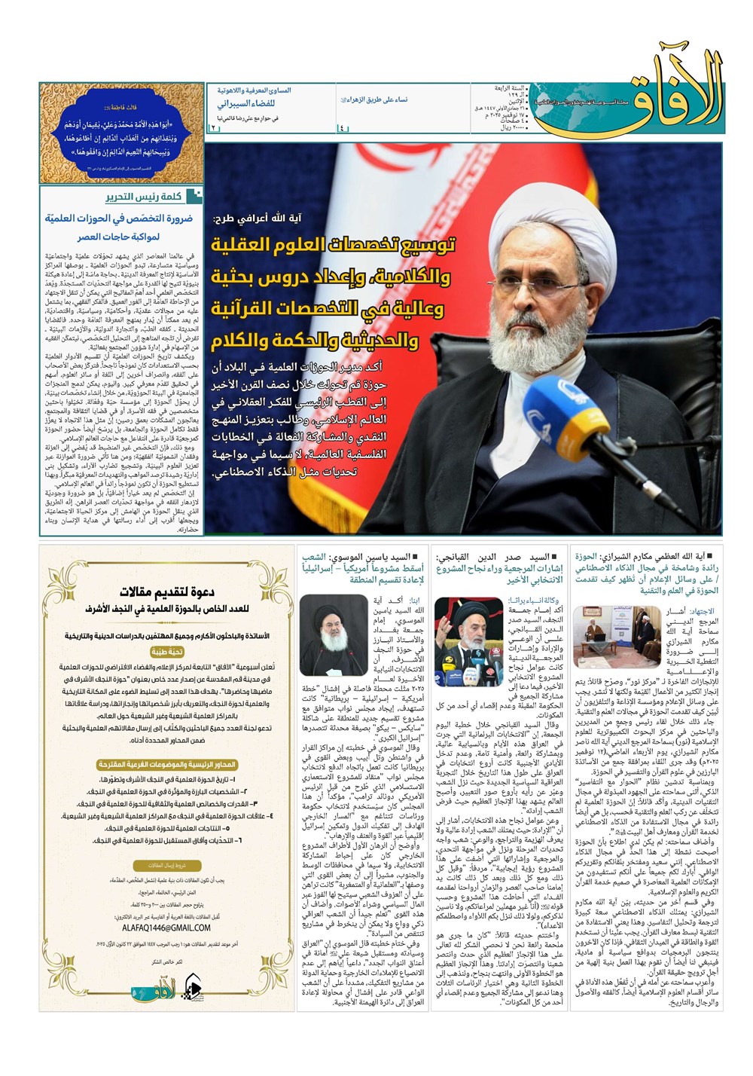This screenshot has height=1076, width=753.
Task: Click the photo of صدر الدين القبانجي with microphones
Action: pyautogui.click(x=468, y=631)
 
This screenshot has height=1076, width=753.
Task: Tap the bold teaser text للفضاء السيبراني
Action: pyautogui.click(x=246, y=104)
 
